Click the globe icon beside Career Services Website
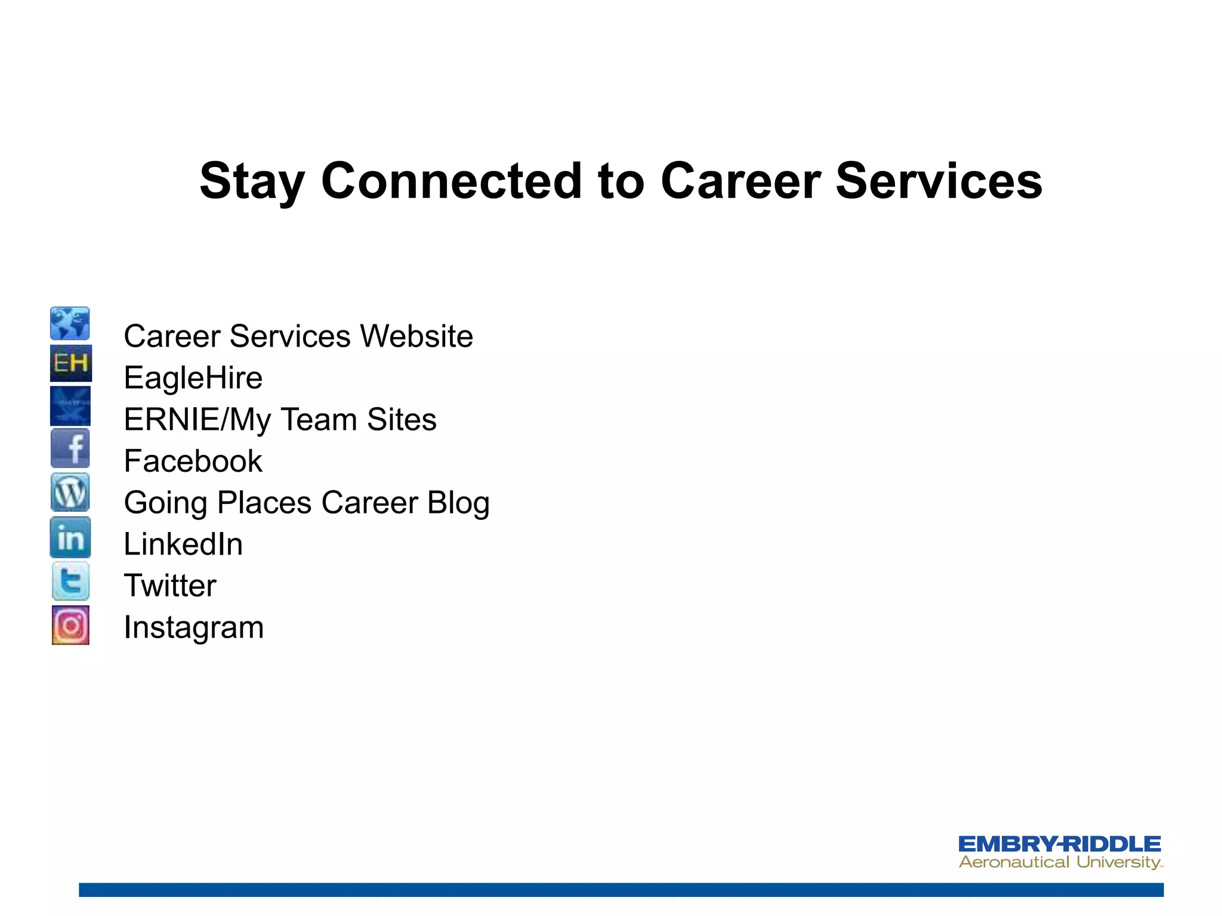(x=70, y=324)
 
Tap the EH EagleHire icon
(x=70, y=363)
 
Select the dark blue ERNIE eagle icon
(x=70, y=406)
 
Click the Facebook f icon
(x=70, y=448)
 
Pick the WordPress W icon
(x=70, y=493)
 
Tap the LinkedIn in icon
(x=70, y=538)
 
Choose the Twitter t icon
(x=70, y=581)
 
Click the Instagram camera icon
(x=70, y=625)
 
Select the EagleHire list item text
(x=193, y=378)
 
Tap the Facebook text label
(x=193, y=462)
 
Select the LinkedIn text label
(x=183, y=544)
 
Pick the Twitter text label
(x=170, y=586)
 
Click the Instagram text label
(x=193, y=627)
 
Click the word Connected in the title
(x=451, y=181)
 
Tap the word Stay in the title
(x=252, y=182)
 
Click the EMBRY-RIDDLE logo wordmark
(x=1059, y=844)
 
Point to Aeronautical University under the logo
(x=1059, y=862)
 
